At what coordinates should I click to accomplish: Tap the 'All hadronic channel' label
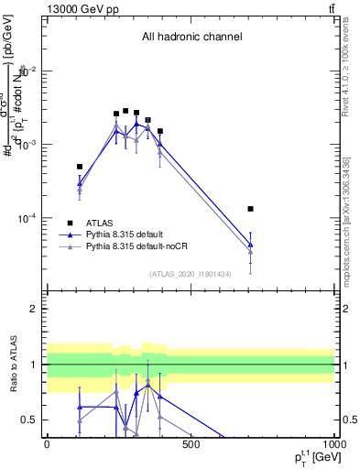[x=191, y=38]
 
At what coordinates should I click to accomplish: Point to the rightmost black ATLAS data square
[x=250, y=209]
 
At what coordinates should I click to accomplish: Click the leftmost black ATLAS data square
[x=80, y=167]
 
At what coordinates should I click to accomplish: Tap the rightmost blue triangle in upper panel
[x=250, y=245]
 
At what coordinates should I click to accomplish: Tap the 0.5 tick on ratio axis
[x=30, y=420]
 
